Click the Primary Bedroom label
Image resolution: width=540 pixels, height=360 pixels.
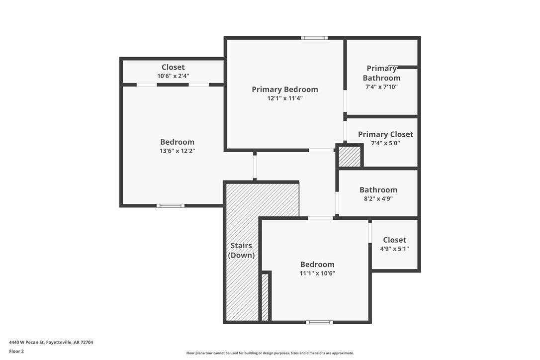[x=284, y=90]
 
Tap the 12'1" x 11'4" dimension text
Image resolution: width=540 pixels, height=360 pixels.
[x=284, y=98]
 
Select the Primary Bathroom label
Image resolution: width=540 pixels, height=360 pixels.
[x=381, y=73]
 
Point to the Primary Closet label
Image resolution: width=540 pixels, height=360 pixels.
[x=385, y=134]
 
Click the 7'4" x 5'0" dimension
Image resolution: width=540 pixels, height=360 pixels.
[x=385, y=143]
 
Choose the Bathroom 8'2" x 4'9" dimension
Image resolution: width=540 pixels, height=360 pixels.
[x=378, y=198]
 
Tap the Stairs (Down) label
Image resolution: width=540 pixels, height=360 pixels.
[x=241, y=251]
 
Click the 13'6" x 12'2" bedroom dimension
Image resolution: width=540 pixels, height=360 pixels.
[x=178, y=151]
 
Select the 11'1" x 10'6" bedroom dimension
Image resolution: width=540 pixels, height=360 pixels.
[x=317, y=273]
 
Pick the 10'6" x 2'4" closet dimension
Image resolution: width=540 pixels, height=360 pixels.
[x=173, y=76]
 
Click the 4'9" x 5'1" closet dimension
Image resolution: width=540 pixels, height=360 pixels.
[x=394, y=249]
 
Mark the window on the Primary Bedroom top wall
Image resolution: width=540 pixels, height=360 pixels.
[x=314, y=38]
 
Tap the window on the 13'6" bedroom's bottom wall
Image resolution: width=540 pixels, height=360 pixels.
[x=171, y=205]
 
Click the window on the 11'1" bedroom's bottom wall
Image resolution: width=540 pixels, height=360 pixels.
[x=319, y=322]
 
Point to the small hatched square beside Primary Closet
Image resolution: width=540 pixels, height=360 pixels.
[x=349, y=156]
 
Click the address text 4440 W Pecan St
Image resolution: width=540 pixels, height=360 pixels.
[x=51, y=342]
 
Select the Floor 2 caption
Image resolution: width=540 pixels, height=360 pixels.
[x=16, y=351]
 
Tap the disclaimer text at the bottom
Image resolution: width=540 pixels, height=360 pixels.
[x=270, y=353]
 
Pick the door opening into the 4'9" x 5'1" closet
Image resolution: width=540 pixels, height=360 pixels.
[x=370, y=232]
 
